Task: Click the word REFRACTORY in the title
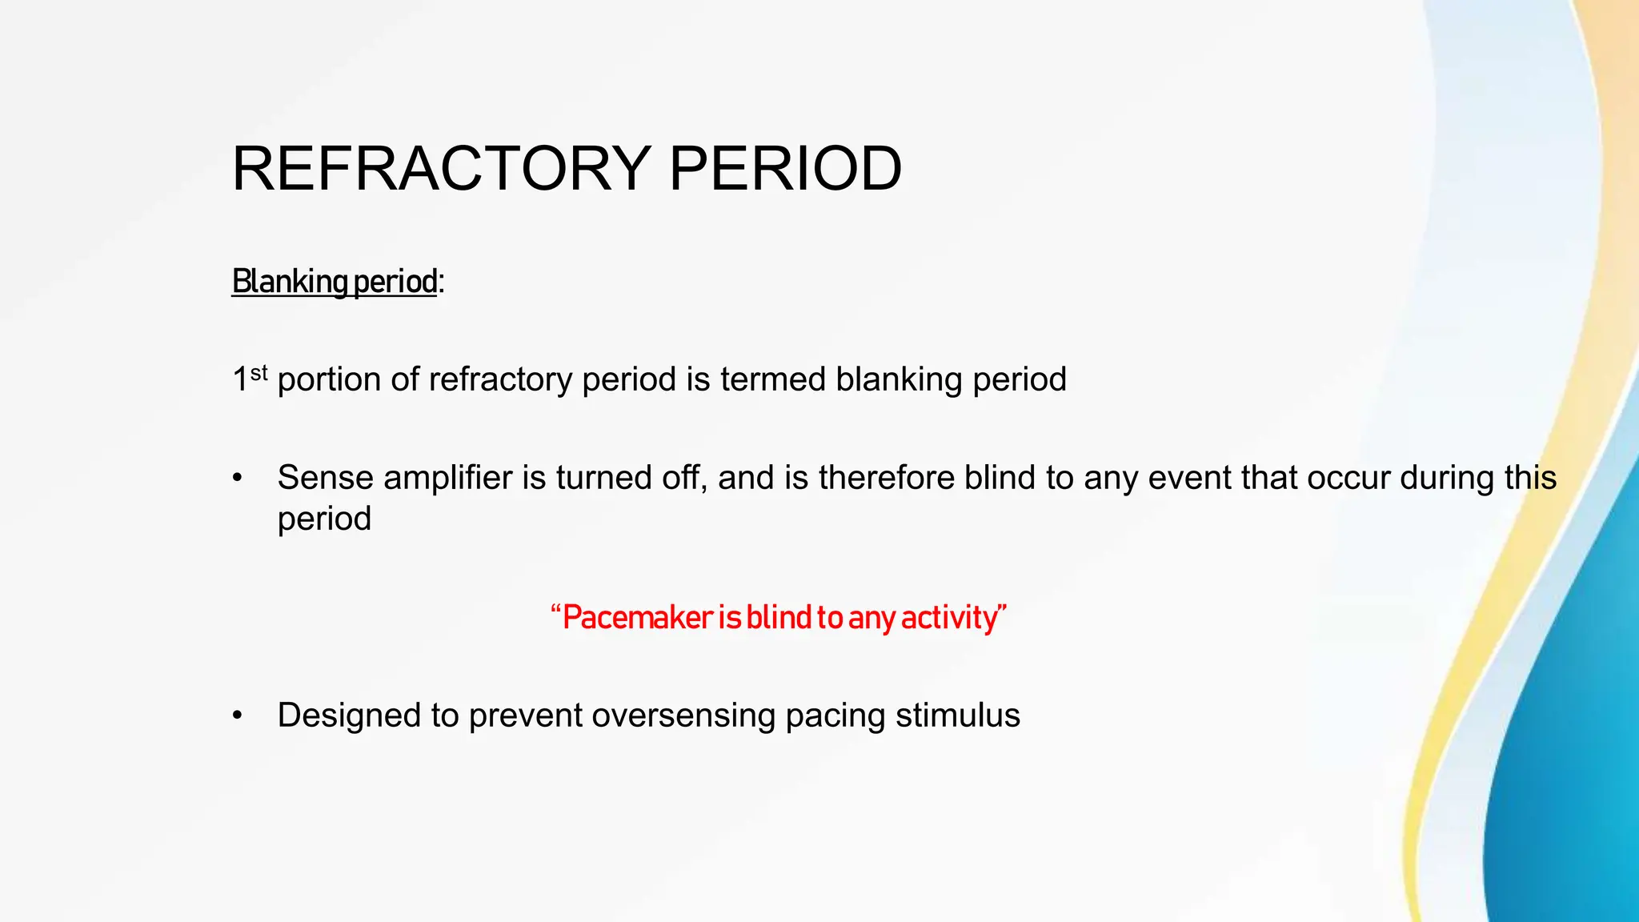[x=441, y=169]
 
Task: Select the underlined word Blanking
[x=289, y=282]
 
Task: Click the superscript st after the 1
[x=258, y=372]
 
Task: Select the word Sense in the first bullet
[x=325, y=478]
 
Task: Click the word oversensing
[x=683, y=716]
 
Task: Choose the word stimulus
[x=957, y=716]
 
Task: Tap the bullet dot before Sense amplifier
[x=237, y=479]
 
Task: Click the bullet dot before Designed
[x=237, y=716]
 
